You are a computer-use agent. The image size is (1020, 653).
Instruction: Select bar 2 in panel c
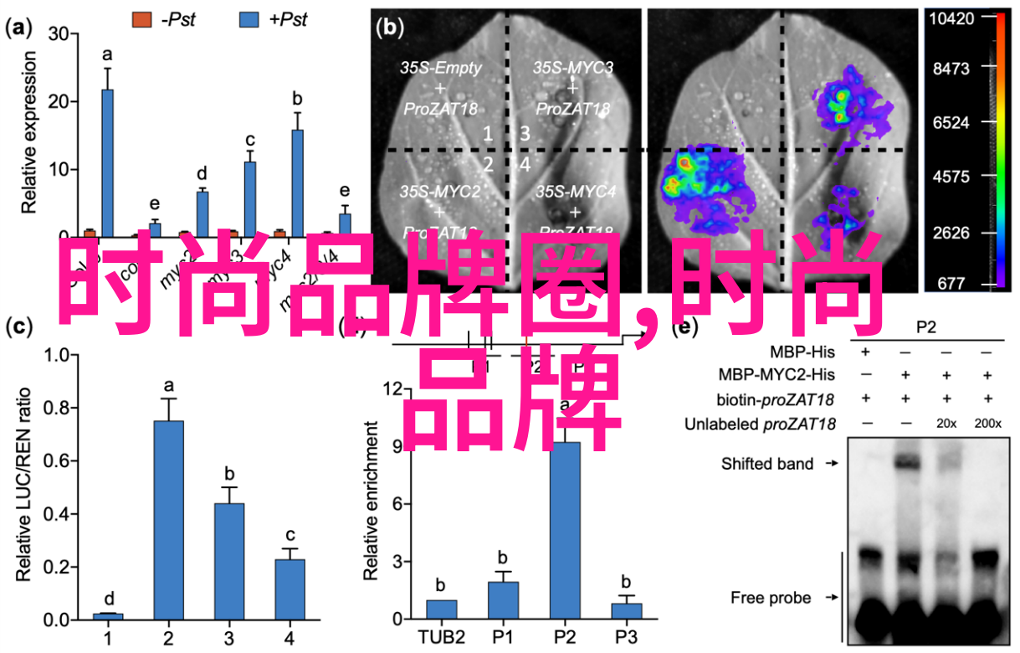(169, 519)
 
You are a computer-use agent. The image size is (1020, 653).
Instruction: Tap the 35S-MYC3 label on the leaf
(573, 67)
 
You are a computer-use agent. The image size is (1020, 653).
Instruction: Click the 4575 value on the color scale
(951, 177)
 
